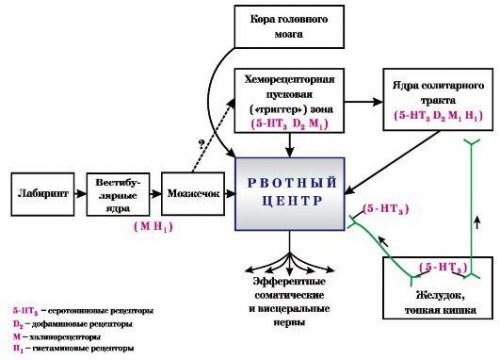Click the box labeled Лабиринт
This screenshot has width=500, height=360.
tap(39, 190)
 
